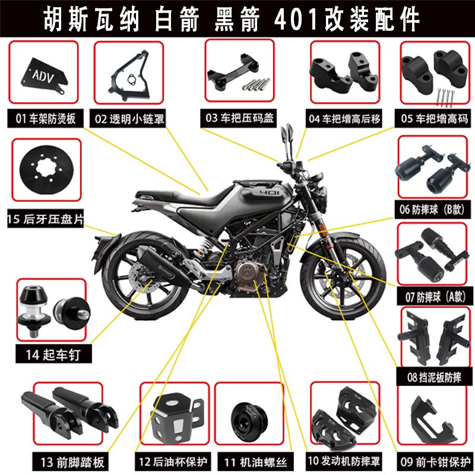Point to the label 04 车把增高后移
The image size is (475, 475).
click(x=344, y=118)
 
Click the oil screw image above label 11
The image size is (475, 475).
click(x=245, y=414)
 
